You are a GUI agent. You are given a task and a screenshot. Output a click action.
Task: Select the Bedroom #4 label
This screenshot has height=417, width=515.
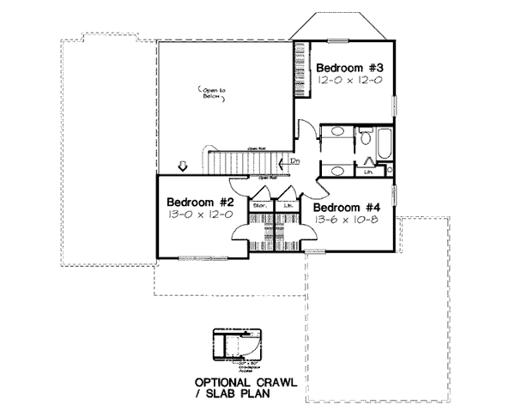pyautogui.click(x=346, y=207)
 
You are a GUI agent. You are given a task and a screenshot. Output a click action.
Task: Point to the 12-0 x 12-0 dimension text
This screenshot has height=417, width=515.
pyautogui.click(x=348, y=80)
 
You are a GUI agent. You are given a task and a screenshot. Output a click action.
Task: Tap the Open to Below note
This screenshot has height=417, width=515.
pyautogui.click(x=211, y=94)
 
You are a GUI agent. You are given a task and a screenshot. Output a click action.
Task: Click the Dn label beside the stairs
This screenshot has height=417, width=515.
pyautogui.click(x=294, y=160)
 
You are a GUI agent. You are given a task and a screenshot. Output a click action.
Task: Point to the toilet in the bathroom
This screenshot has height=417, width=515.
pyautogui.click(x=363, y=136)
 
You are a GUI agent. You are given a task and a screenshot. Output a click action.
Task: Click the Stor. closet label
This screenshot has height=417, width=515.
pyautogui.click(x=258, y=206)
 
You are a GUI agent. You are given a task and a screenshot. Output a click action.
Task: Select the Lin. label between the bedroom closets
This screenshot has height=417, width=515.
pyautogui.click(x=287, y=206)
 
